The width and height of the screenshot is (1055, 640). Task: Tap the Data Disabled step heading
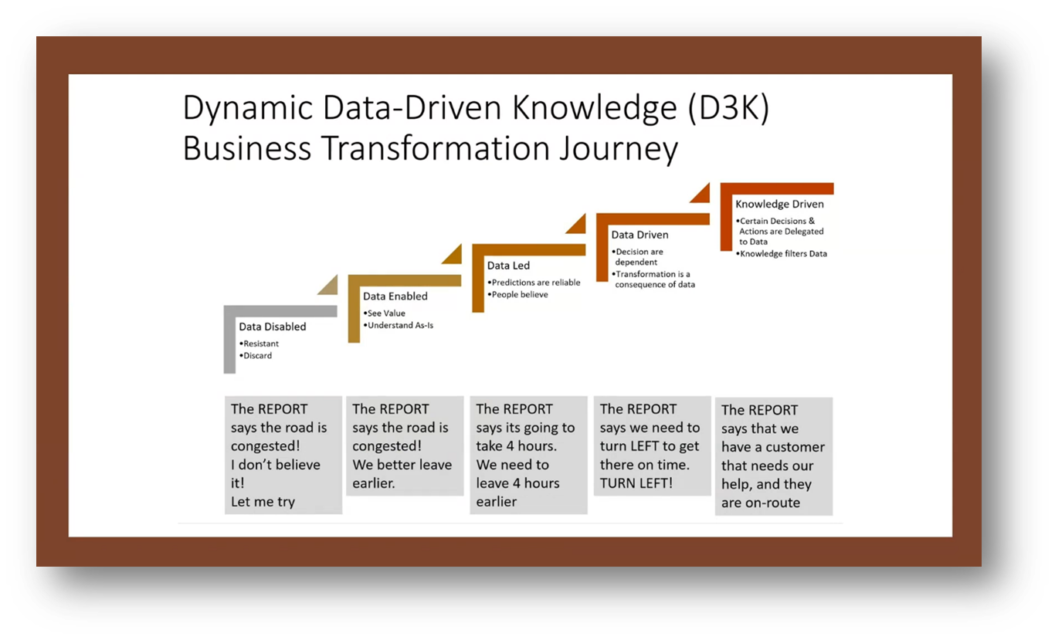(x=272, y=327)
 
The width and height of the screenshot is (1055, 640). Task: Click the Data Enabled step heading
(x=395, y=296)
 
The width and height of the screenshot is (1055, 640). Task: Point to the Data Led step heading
(x=508, y=266)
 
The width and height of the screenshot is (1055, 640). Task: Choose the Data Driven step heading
(x=639, y=235)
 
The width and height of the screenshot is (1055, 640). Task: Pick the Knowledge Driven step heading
(x=779, y=205)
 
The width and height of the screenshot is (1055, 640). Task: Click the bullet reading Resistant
(x=260, y=344)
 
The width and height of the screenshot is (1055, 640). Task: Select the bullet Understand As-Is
(x=401, y=325)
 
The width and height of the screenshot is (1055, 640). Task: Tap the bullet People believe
(x=520, y=294)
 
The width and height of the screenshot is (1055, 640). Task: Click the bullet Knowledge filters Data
(x=783, y=253)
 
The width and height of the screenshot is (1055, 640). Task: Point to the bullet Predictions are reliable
(x=535, y=283)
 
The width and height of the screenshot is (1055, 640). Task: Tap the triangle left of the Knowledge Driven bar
(x=701, y=194)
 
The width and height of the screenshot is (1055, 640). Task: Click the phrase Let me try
(x=263, y=502)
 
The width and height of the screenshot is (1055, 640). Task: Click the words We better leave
(x=402, y=465)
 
